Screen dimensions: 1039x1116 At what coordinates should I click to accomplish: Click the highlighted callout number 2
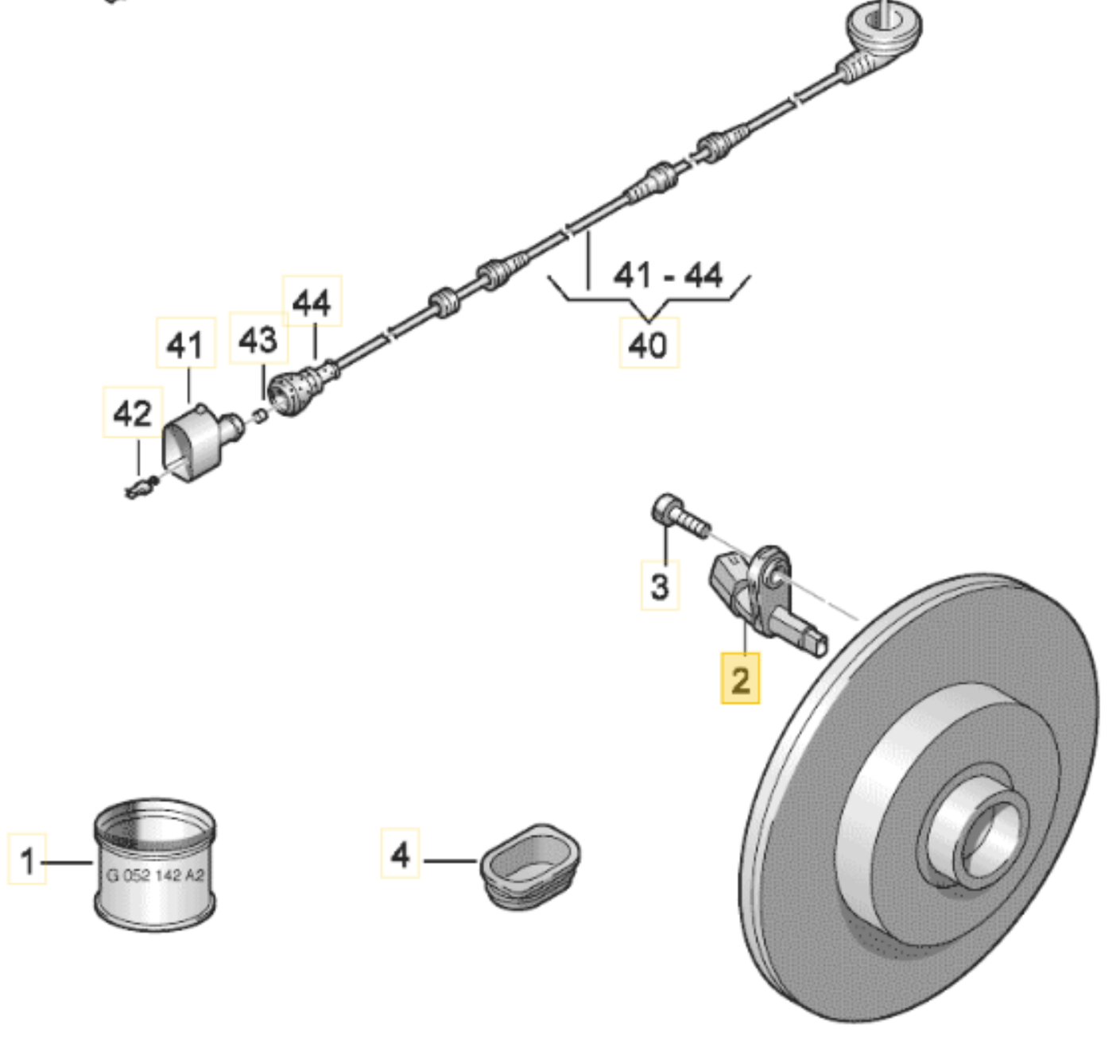(x=739, y=679)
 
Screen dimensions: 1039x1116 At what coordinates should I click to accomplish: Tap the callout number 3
(x=660, y=586)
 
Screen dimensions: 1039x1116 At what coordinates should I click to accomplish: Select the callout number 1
(x=27, y=859)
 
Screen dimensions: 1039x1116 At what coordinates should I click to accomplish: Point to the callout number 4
(x=400, y=854)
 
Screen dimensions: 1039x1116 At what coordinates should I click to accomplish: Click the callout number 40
(x=649, y=344)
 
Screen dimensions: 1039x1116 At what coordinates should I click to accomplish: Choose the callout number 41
(x=185, y=344)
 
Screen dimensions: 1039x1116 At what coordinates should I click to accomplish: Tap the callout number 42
(x=133, y=412)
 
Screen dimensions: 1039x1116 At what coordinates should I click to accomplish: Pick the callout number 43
(x=258, y=339)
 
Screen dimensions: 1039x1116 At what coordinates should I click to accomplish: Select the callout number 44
(x=312, y=302)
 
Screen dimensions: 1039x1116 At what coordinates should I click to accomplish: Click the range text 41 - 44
(x=668, y=276)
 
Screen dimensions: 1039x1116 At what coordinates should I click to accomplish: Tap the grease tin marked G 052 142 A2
(x=155, y=866)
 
